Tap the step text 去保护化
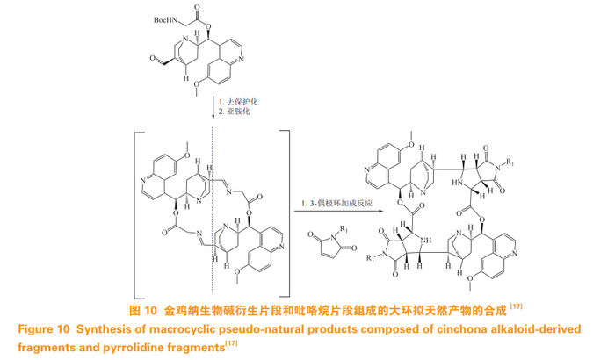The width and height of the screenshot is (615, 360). point(243,104)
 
